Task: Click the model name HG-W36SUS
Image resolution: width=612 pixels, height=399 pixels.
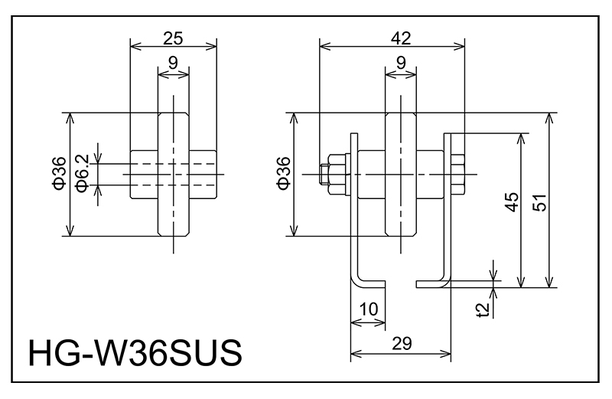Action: (x=135, y=355)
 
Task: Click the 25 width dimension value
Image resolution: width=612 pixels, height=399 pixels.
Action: (x=174, y=36)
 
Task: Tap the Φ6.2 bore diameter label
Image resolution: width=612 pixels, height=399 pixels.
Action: (x=83, y=176)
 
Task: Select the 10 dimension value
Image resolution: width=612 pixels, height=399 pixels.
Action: (x=367, y=309)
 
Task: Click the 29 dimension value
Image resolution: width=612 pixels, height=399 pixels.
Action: (x=400, y=344)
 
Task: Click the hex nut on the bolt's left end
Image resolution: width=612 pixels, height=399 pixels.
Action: (x=334, y=175)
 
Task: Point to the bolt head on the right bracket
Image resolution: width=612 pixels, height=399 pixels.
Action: (x=458, y=175)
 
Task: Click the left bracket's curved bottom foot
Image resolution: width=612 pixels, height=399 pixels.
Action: (x=366, y=280)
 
